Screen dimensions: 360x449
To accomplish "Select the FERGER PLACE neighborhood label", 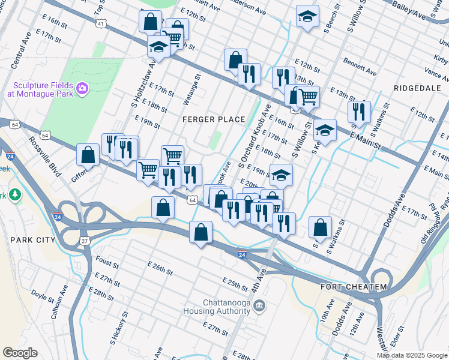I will tap(214, 119).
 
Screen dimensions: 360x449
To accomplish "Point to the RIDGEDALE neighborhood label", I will tap(417, 88).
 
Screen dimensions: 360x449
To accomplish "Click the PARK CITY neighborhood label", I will tap(32, 240).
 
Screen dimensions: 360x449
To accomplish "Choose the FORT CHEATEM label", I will tap(354, 287).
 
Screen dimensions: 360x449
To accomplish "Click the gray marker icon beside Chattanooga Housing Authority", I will tap(259, 307).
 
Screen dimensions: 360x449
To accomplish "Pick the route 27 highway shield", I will tap(85, 241).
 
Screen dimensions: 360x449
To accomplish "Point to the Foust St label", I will tap(107, 261).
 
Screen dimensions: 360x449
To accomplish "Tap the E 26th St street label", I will tap(159, 268).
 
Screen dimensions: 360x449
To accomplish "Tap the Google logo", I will tap(20, 353).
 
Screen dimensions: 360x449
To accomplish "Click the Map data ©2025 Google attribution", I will tap(412, 355).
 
